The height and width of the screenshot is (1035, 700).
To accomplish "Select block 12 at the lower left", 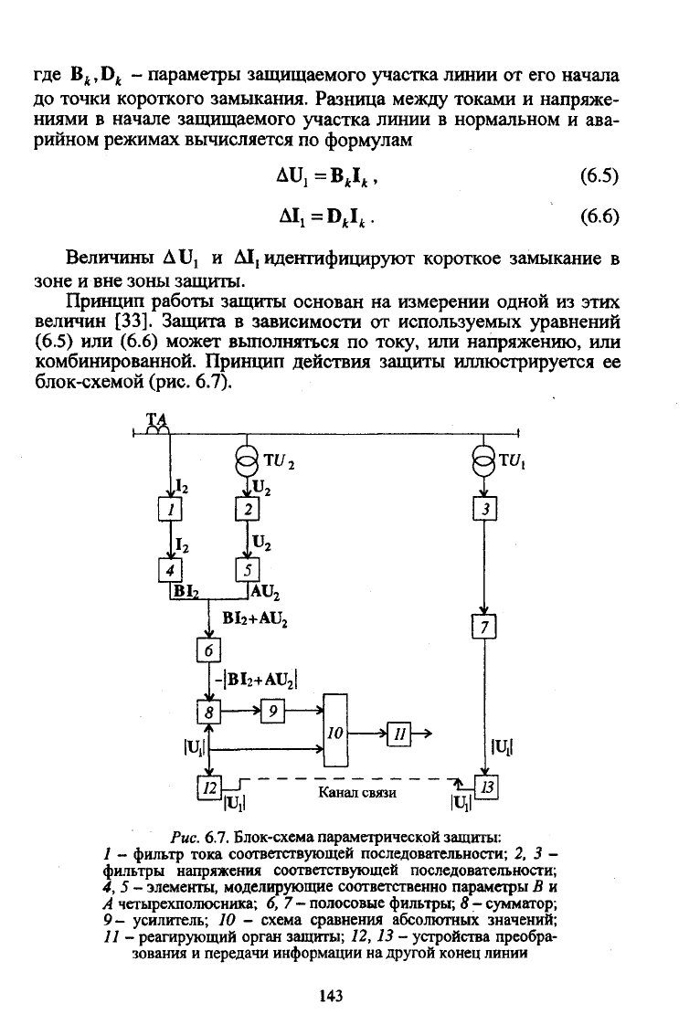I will (x=209, y=786).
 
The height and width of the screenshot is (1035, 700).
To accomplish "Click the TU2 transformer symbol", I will (x=248, y=458).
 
